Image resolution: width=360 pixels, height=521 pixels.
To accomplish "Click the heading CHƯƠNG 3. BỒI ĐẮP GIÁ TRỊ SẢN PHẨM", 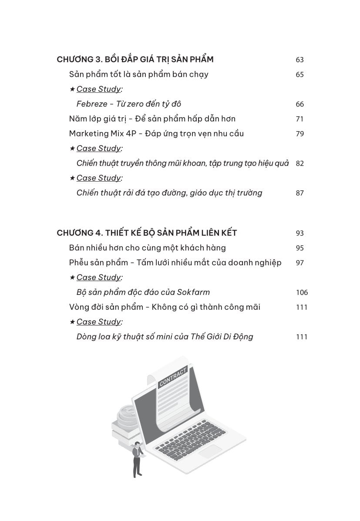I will [x=135, y=60].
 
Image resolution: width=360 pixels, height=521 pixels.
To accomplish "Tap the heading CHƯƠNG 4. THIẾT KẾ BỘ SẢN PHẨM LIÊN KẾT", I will [x=147, y=233].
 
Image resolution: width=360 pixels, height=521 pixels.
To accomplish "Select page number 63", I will [x=299, y=60].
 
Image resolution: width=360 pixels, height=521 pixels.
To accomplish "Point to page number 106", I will [x=301, y=292].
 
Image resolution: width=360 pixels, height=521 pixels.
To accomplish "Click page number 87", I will [x=299, y=193].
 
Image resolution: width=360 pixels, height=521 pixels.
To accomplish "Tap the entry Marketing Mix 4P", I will [x=97, y=134].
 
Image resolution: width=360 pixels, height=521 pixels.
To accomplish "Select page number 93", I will [x=299, y=233].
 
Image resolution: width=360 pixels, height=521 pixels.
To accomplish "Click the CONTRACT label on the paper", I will [x=173, y=377].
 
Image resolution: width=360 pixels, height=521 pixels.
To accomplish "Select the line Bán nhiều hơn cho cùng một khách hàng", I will [x=147, y=248].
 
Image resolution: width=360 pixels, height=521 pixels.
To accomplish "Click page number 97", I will [x=299, y=263].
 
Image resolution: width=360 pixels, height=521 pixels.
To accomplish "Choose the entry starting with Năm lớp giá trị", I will [x=152, y=119].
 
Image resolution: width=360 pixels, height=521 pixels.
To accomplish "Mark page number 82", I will [x=299, y=163].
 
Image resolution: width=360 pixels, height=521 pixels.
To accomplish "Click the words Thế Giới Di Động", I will [x=222, y=337].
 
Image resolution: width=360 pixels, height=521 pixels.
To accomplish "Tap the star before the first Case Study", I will [x=72, y=89].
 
